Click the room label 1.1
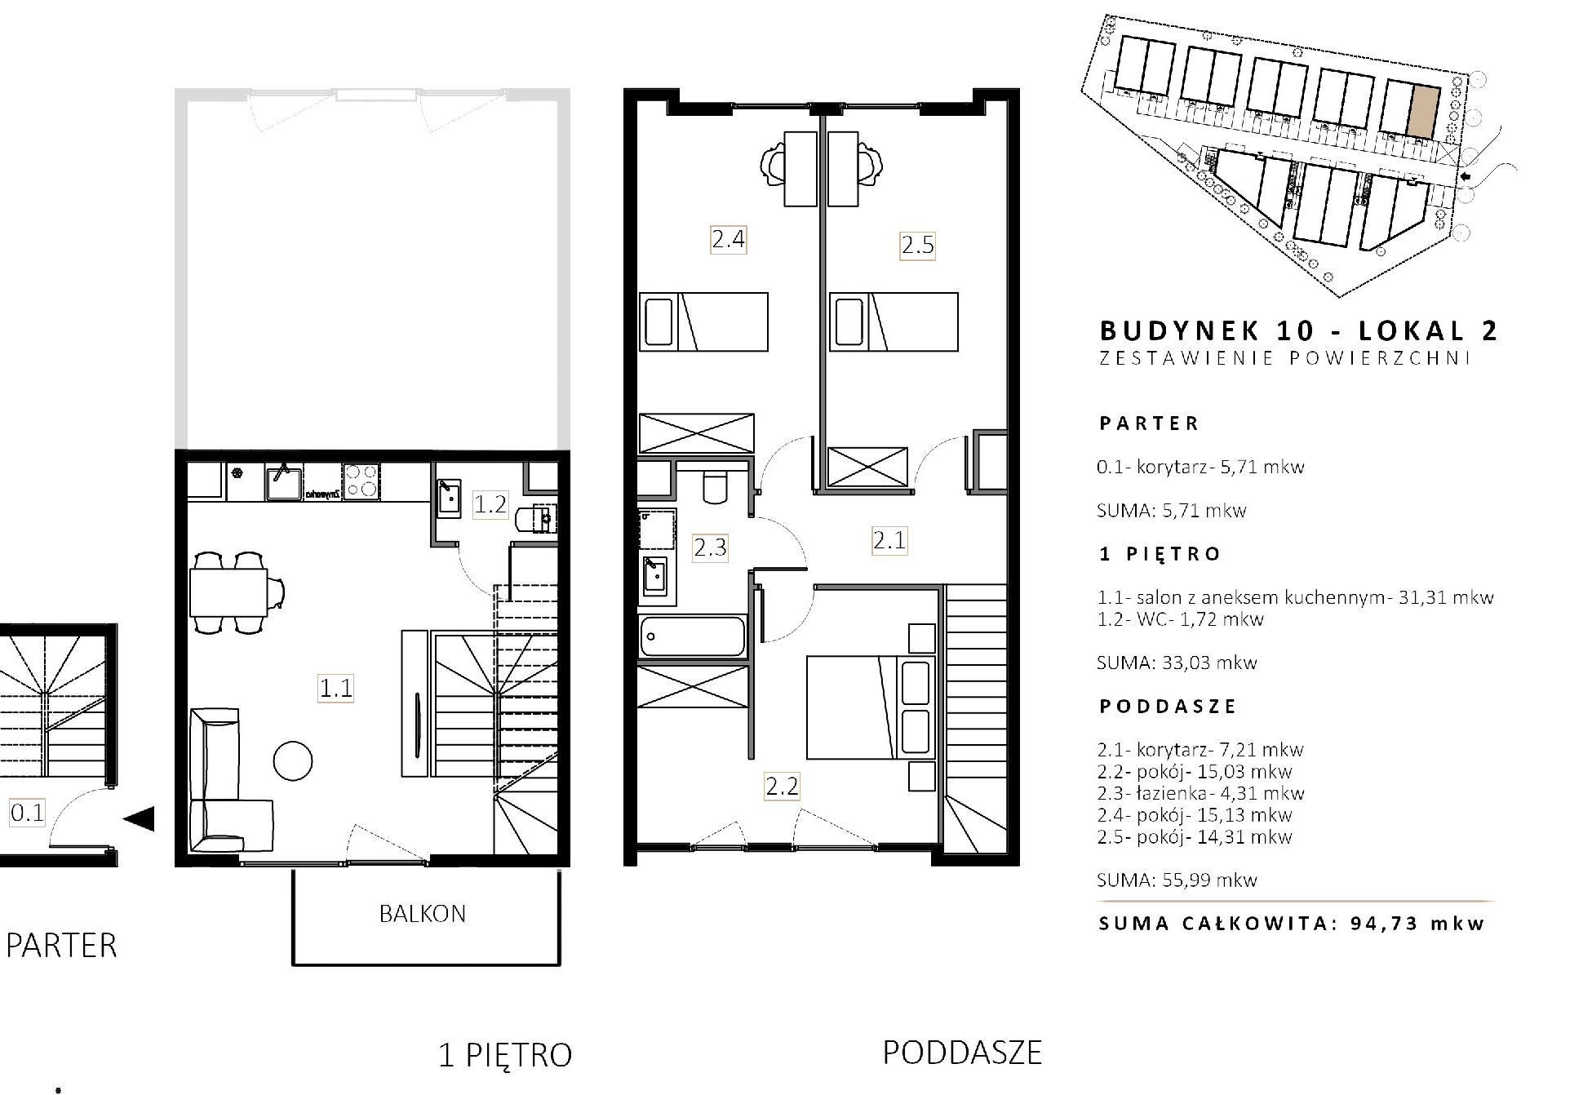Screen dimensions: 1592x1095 (x=335, y=688)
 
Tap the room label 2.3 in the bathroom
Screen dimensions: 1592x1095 (x=710, y=547)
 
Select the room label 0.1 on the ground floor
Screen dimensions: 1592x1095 (x=27, y=813)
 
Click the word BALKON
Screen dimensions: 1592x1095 (x=423, y=913)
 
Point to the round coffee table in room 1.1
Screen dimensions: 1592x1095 (x=292, y=760)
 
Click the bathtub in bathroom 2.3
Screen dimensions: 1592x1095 (x=693, y=636)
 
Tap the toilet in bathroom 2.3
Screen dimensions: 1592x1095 (x=715, y=486)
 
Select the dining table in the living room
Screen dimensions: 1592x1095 (x=228, y=592)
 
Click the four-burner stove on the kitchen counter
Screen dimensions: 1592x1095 (x=361, y=481)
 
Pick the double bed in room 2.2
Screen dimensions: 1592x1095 (x=870, y=707)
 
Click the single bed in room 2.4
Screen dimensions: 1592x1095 (x=703, y=322)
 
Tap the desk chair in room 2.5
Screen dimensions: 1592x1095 (x=871, y=163)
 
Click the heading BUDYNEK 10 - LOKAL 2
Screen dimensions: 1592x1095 (x=1299, y=330)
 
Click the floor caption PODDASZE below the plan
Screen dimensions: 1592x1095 (x=962, y=1053)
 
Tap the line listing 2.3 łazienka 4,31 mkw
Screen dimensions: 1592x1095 (x=1201, y=793)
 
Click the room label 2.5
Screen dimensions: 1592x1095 (x=917, y=245)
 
